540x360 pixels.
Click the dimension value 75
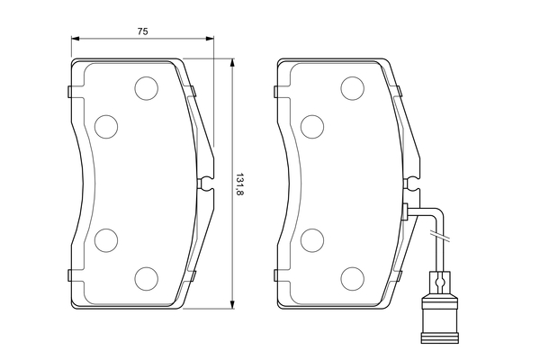pos(142,31)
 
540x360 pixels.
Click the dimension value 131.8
pos(239,184)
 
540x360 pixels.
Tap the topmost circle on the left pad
pos(145,87)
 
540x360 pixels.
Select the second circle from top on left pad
pos(106,126)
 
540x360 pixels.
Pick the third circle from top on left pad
pos(106,240)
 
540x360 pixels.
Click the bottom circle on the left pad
pos(145,278)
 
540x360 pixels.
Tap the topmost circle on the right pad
pos(352,87)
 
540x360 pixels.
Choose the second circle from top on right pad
pos(312,126)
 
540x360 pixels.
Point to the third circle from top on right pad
pos(312,240)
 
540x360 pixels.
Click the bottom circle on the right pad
pos(352,278)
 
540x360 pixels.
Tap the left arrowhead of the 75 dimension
pos(75,40)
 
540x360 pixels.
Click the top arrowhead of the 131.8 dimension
pos(232,64)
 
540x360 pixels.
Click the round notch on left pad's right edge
pos(205,183)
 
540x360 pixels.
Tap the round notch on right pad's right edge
pos(412,183)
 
